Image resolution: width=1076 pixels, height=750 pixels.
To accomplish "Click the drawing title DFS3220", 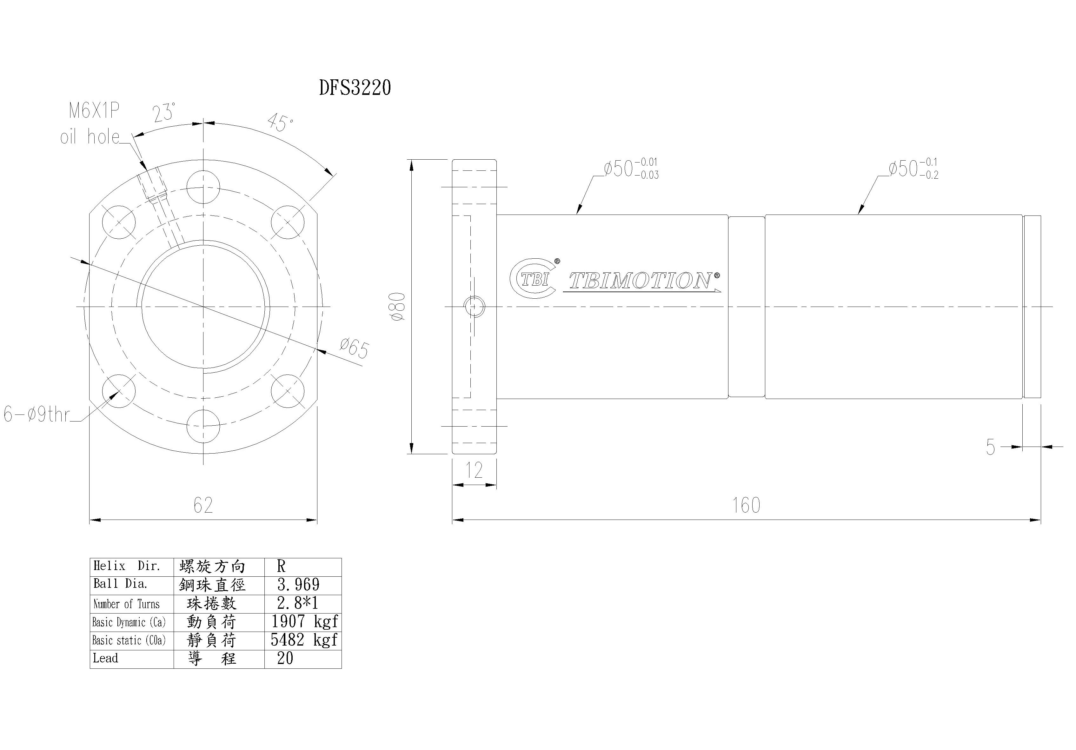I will (355, 88).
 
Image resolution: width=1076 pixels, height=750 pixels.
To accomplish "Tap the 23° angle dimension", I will (164, 112).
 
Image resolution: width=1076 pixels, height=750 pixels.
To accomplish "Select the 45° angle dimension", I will (280, 123).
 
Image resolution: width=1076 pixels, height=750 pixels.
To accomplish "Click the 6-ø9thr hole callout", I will (37, 415).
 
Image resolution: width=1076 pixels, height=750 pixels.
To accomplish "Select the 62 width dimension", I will (203, 505).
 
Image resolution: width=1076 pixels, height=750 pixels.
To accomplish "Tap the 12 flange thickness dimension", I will (474, 470).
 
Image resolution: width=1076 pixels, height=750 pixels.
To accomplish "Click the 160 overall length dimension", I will (746, 505).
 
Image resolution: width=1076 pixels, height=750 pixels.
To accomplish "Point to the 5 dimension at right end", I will (990, 448).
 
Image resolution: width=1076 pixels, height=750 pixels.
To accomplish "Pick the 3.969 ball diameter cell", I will (299, 585).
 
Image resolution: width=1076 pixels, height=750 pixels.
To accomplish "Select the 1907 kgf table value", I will (304, 621).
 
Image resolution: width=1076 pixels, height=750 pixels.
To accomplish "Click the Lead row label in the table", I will (105, 658).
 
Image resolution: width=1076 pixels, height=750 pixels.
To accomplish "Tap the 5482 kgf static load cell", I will (304, 640).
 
